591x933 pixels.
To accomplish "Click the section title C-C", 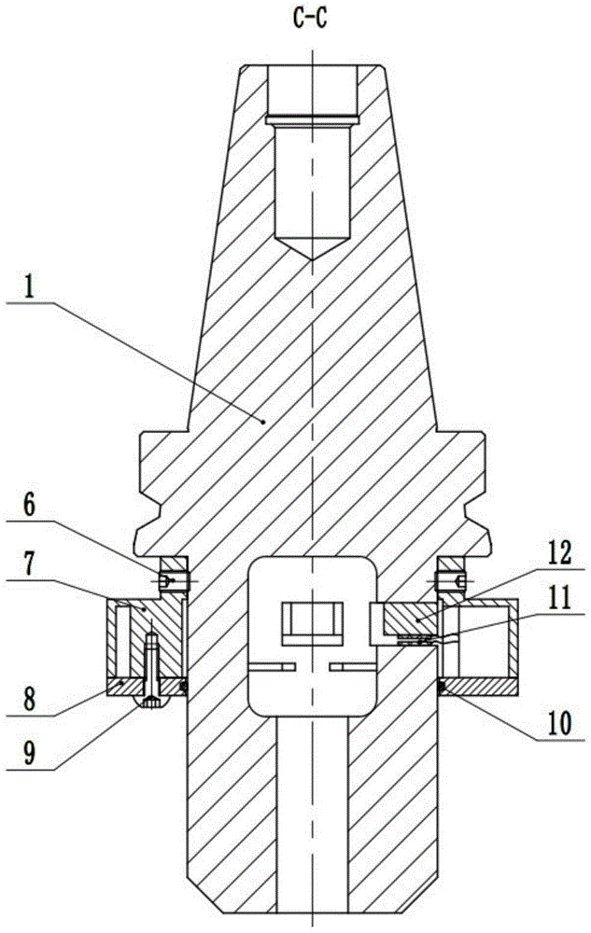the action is point(311,19).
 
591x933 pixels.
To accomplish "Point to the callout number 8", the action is point(28,700).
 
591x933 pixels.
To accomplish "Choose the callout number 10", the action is point(559,724).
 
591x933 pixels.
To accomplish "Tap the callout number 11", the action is point(558,599).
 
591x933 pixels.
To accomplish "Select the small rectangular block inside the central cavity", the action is point(313,623).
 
